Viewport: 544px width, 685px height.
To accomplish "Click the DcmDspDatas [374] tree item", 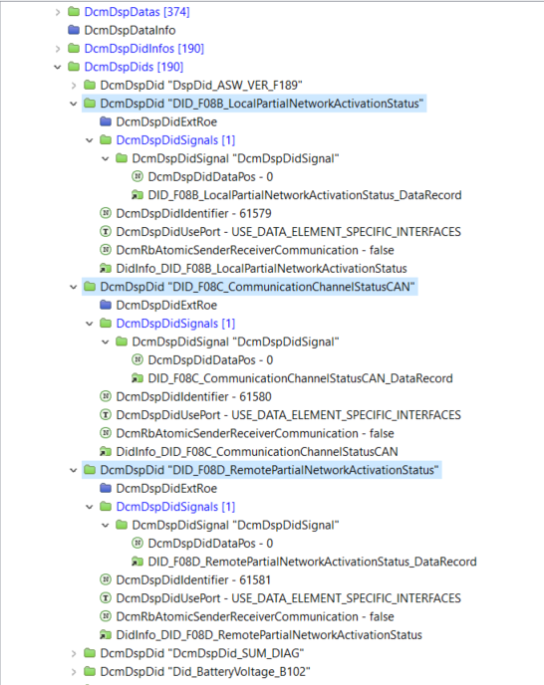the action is [x=136, y=12].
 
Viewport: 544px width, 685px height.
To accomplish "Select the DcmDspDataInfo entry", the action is [x=130, y=30].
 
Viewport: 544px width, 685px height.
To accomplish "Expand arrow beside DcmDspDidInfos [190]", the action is [x=58, y=49].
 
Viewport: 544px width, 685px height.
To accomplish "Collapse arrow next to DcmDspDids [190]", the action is [x=58, y=67].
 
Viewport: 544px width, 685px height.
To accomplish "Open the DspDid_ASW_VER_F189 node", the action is [x=201, y=86].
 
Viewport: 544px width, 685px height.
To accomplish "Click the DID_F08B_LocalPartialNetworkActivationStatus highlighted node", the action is [x=261, y=104].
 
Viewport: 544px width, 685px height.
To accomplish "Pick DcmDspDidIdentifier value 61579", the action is [x=193, y=214].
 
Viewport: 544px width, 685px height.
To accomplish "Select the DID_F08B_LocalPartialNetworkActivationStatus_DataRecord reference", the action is [x=304, y=195].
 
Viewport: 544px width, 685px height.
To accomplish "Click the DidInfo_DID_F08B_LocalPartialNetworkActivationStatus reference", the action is [x=261, y=269].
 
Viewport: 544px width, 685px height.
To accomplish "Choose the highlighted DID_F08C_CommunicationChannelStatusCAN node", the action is [x=257, y=287].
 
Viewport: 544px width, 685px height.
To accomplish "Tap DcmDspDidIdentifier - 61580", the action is [x=193, y=396].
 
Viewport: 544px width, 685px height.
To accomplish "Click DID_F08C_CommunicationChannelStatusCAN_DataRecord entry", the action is [x=300, y=378].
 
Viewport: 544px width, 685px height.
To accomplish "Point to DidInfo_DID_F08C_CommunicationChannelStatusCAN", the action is [x=257, y=452].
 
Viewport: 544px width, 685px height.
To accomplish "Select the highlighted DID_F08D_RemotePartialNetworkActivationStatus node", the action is [x=269, y=470].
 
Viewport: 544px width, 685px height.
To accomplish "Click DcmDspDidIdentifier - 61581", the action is [x=193, y=580].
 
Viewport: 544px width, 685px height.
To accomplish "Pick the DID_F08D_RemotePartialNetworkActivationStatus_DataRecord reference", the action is [x=312, y=562].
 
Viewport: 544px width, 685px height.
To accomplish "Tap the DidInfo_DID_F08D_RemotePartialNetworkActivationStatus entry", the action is [x=269, y=635].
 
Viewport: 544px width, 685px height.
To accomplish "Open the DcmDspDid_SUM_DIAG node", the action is [x=202, y=653].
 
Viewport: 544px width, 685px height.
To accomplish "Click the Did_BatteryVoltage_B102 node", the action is [x=205, y=672].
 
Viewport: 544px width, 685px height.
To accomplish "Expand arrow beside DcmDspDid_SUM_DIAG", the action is [x=74, y=654].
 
